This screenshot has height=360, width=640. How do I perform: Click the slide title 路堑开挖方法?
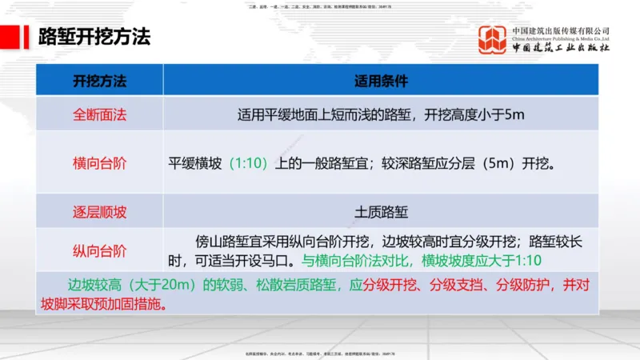tap(94, 38)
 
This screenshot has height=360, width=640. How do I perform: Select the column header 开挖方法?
tap(100, 81)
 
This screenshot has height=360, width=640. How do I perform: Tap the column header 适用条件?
tap(381, 81)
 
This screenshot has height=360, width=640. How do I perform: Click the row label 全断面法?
tap(100, 114)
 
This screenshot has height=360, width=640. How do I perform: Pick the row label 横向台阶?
tap(100, 163)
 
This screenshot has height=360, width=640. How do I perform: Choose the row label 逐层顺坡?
tap(100, 212)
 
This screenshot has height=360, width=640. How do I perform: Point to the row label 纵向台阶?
tap(100, 251)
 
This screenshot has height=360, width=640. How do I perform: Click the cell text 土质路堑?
tap(381, 212)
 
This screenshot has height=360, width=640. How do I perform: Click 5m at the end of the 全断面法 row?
tap(514, 114)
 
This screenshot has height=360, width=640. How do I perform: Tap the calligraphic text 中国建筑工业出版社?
tap(561, 49)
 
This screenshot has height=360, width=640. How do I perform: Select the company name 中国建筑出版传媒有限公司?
tap(561, 30)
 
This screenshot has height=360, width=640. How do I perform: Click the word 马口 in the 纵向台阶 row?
tap(282, 261)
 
